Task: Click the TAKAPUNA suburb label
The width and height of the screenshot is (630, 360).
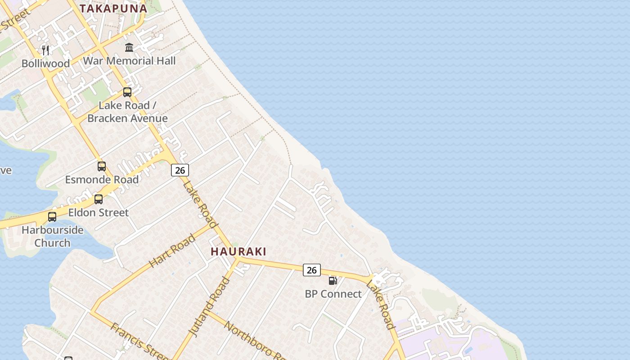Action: (x=113, y=8)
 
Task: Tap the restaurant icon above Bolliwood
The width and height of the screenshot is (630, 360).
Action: (x=45, y=50)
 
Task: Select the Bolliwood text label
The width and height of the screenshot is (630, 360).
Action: (x=45, y=63)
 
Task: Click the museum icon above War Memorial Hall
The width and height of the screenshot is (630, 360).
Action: (x=129, y=47)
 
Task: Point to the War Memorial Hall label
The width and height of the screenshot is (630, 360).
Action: (x=129, y=61)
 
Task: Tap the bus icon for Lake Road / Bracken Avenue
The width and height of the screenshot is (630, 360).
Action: (x=127, y=92)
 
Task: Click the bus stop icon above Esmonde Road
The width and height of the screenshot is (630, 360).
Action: (x=102, y=166)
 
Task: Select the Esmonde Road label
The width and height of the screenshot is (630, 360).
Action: (x=102, y=180)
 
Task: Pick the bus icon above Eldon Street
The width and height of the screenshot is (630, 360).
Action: (x=99, y=199)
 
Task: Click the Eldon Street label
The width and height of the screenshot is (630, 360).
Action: (x=99, y=212)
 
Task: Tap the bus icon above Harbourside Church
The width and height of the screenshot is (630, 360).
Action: (x=52, y=217)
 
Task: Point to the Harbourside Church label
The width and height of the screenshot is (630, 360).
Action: (x=53, y=236)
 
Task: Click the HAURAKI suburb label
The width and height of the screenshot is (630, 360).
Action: (x=238, y=252)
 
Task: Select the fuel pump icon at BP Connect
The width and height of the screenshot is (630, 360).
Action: (x=333, y=281)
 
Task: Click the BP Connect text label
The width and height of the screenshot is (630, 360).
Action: (x=333, y=294)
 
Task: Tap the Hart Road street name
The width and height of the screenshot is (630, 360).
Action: (x=172, y=250)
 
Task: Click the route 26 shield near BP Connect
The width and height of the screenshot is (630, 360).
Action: (x=311, y=270)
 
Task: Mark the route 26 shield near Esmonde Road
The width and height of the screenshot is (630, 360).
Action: (x=180, y=170)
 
